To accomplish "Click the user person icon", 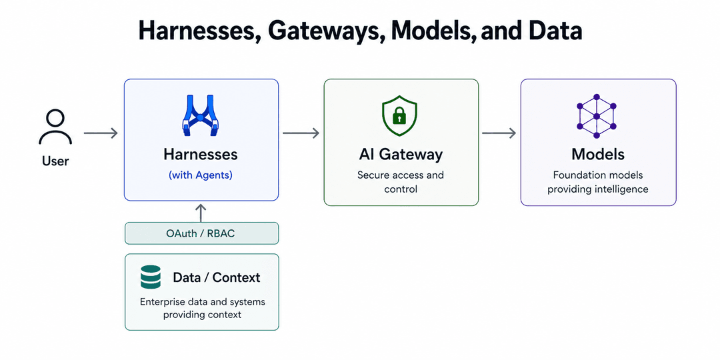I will click(x=55, y=127).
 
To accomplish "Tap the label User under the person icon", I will click(x=55, y=161).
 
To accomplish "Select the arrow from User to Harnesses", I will click(x=101, y=133).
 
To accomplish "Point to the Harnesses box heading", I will click(x=200, y=155).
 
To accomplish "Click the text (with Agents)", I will click(x=200, y=175).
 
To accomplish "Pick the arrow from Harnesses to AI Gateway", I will click(x=301, y=133).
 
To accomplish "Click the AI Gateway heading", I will click(x=401, y=155).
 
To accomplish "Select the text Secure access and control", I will click(x=401, y=182).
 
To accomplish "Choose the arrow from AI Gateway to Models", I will click(x=499, y=133).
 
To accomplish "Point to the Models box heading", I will click(x=598, y=155).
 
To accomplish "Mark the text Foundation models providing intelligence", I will click(x=598, y=182).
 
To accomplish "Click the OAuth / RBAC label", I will click(x=201, y=234).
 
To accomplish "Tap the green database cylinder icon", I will click(x=151, y=277).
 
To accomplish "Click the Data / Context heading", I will click(x=217, y=277).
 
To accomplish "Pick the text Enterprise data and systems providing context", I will click(x=202, y=308).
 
